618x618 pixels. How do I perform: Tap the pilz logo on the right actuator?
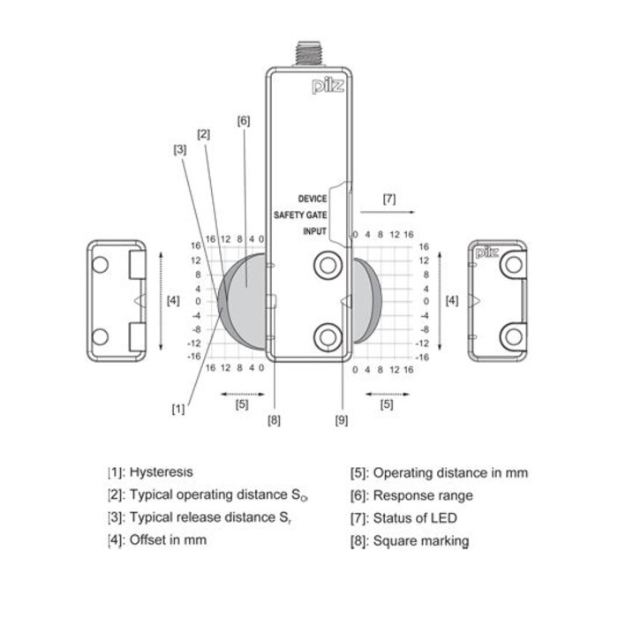click(486, 253)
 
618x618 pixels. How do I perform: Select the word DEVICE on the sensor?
click(313, 200)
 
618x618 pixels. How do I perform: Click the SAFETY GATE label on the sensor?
click(301, 215)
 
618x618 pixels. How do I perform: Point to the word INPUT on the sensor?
click(315, 231)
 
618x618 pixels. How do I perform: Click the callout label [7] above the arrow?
click(388, 199)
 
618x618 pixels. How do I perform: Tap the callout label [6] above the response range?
click(245, 121)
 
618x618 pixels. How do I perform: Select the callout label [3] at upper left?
click(179, 149)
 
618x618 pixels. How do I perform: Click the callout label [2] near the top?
click(203, 134)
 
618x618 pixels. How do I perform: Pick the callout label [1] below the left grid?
click(179, 409)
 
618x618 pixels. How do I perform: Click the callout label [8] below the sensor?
click(274, 419)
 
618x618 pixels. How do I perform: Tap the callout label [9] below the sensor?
click(342, 419)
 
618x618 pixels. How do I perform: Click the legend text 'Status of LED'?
click(415, 518)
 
